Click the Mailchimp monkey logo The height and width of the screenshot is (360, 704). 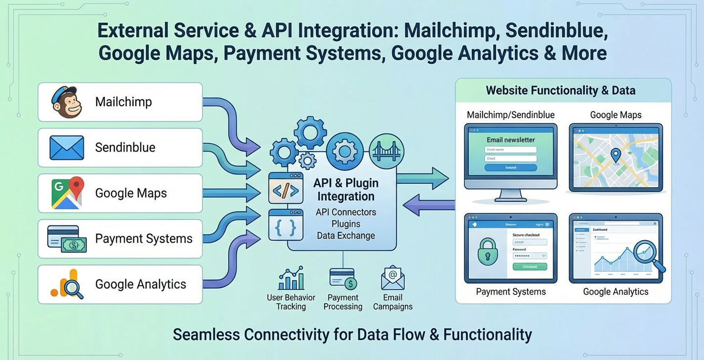66,102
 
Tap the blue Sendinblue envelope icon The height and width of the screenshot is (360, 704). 66,148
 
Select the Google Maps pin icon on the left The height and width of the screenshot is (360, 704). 66,193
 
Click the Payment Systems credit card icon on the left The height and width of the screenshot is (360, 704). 66,239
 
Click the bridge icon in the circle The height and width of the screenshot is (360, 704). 386,151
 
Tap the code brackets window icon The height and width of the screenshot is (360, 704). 286,188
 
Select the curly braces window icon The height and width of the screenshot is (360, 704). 286,225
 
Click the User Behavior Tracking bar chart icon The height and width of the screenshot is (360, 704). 291,279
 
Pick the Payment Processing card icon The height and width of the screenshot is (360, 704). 343,279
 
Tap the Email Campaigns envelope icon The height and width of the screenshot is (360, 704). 393,278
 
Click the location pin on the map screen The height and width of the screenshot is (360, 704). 616,156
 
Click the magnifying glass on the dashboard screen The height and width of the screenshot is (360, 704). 647,255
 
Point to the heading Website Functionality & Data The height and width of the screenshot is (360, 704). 560,90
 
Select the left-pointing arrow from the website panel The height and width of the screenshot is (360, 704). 428,204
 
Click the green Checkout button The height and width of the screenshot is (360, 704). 529,267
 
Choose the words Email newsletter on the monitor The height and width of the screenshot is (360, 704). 510,140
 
